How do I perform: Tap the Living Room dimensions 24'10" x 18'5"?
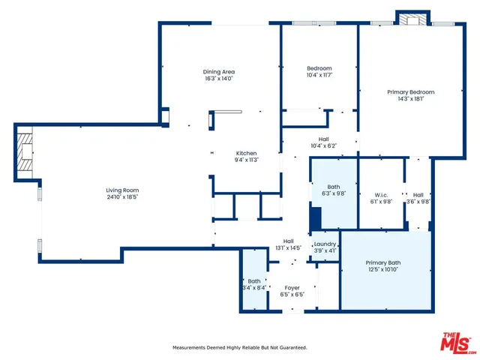point(122,196)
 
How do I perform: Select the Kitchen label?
point(247,153)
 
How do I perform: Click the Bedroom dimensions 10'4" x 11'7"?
point(319,75)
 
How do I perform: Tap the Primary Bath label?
point(382,262)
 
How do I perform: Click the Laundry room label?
point(325,244)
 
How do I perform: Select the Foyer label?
point(292,288)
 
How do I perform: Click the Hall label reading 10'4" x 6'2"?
point(324,145)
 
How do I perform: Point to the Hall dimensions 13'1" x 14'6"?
point(289,247)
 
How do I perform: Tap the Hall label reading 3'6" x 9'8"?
point(418,201)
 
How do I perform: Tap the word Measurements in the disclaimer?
point(191,348)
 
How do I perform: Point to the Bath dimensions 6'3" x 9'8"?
point(334,193)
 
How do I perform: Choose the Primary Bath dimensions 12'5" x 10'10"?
point(382,269)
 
